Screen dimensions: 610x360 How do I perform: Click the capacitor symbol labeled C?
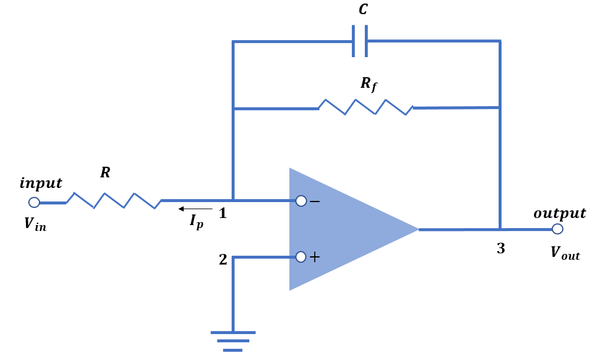pos(360,41)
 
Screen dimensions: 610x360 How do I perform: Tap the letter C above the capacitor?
pos(363,9)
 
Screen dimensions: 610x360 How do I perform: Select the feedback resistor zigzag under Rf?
pos(365,107)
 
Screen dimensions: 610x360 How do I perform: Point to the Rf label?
pos(369,84)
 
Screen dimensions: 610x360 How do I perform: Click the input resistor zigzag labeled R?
pos(114,200)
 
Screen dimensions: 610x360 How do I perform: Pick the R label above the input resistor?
pos(105,172)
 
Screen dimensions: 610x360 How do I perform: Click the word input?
pos(41,183)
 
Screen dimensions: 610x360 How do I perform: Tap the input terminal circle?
pos(34,203)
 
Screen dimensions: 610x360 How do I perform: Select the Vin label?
pos(35,224)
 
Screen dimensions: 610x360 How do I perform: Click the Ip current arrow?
pos(195,209)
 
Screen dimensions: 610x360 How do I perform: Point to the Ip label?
pos(196,222)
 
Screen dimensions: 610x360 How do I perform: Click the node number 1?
pos(223,213)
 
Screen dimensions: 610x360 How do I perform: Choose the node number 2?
pos(223,259)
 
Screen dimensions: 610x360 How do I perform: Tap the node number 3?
pos(501,249)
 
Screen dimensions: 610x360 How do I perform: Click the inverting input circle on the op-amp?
pos(301,201)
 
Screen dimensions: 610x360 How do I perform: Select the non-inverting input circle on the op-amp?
pos(301,257)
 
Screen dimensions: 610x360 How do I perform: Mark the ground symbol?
pos(233,341)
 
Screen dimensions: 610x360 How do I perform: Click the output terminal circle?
pos(558,229)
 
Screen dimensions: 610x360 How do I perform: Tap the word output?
pos(559,213)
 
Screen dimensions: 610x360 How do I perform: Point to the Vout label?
pos(565,253)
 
